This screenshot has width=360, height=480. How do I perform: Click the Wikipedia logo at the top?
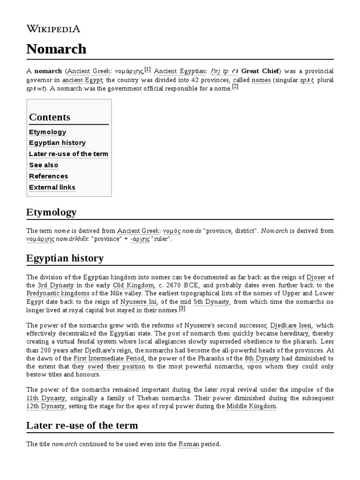53,29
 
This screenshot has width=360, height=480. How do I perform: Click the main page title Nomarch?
56,49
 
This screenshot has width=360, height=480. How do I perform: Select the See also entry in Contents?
44,165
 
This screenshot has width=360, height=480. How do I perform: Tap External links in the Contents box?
52,187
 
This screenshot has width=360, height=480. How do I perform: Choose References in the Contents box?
48,176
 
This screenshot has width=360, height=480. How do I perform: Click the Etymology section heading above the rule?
51,212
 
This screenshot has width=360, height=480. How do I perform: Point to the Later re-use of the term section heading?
82,426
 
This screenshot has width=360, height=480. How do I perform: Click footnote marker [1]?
147,69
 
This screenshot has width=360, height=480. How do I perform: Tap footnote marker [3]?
182,308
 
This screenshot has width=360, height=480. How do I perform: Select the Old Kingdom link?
133,285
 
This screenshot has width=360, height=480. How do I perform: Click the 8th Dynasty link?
262,359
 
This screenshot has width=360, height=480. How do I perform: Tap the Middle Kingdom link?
251,406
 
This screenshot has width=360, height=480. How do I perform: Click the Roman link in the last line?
189,443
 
